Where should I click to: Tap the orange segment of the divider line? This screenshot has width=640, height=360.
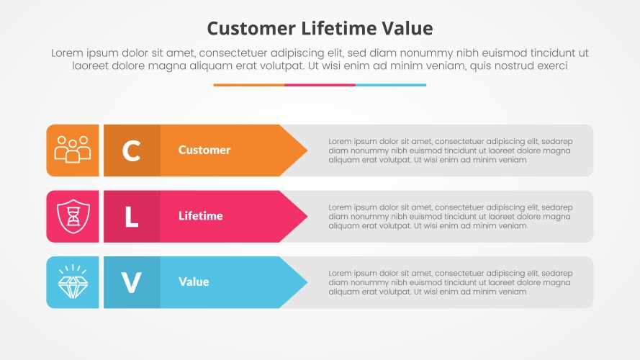click(x=248, y=85)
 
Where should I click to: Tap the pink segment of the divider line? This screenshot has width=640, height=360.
click(x=320, y=85)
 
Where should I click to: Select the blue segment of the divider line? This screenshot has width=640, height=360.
click(x=391, y=85)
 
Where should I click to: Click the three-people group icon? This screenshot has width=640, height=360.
click(x=73, y=150)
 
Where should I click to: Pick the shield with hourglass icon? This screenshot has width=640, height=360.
click(x=73, y=216)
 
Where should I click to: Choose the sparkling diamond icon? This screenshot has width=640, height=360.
click(x=73, y=282)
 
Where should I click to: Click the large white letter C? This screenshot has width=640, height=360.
click(x=131, y=150)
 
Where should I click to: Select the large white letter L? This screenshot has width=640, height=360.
click(x=131, y=217)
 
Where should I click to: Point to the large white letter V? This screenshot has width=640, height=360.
click(x=131, y=282)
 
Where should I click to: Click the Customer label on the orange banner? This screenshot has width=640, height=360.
click(x=204, y=150)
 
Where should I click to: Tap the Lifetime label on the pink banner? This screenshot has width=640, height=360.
click(x=201, y=216)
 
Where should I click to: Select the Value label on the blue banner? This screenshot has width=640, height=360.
click(x=194, y=282)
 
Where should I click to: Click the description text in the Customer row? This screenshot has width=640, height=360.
click(x=450, y=150)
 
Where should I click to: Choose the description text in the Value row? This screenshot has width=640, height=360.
click(x=450, y=282)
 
